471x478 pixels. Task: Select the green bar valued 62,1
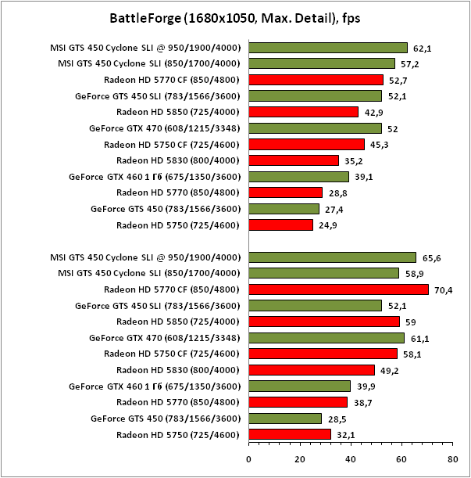328,48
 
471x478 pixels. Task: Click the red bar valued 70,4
338,289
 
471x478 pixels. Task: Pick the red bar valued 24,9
280,225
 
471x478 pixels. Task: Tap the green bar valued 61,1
326,338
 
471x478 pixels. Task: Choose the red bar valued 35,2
294,160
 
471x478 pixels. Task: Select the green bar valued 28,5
285,419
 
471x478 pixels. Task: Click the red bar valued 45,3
306,144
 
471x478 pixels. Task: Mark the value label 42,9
373,112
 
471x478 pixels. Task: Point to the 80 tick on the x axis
451,459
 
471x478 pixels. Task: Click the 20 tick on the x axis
300,459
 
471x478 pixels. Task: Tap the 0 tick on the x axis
249,459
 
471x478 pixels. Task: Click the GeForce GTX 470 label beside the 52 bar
165,128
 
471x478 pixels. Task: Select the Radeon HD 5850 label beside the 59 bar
177,322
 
